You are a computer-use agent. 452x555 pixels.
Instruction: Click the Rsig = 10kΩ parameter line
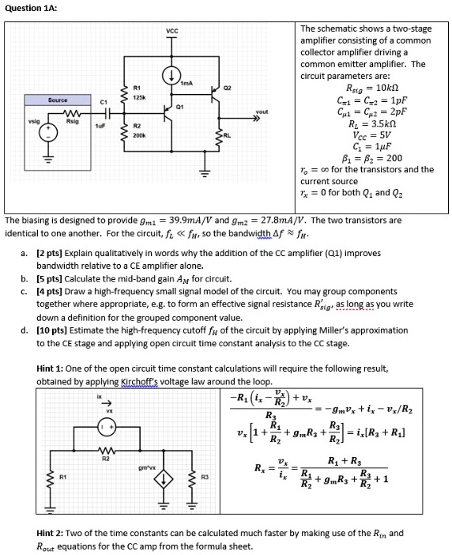click(x=372, y=88)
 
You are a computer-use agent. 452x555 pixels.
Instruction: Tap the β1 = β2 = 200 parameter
click(x=372, y=157)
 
